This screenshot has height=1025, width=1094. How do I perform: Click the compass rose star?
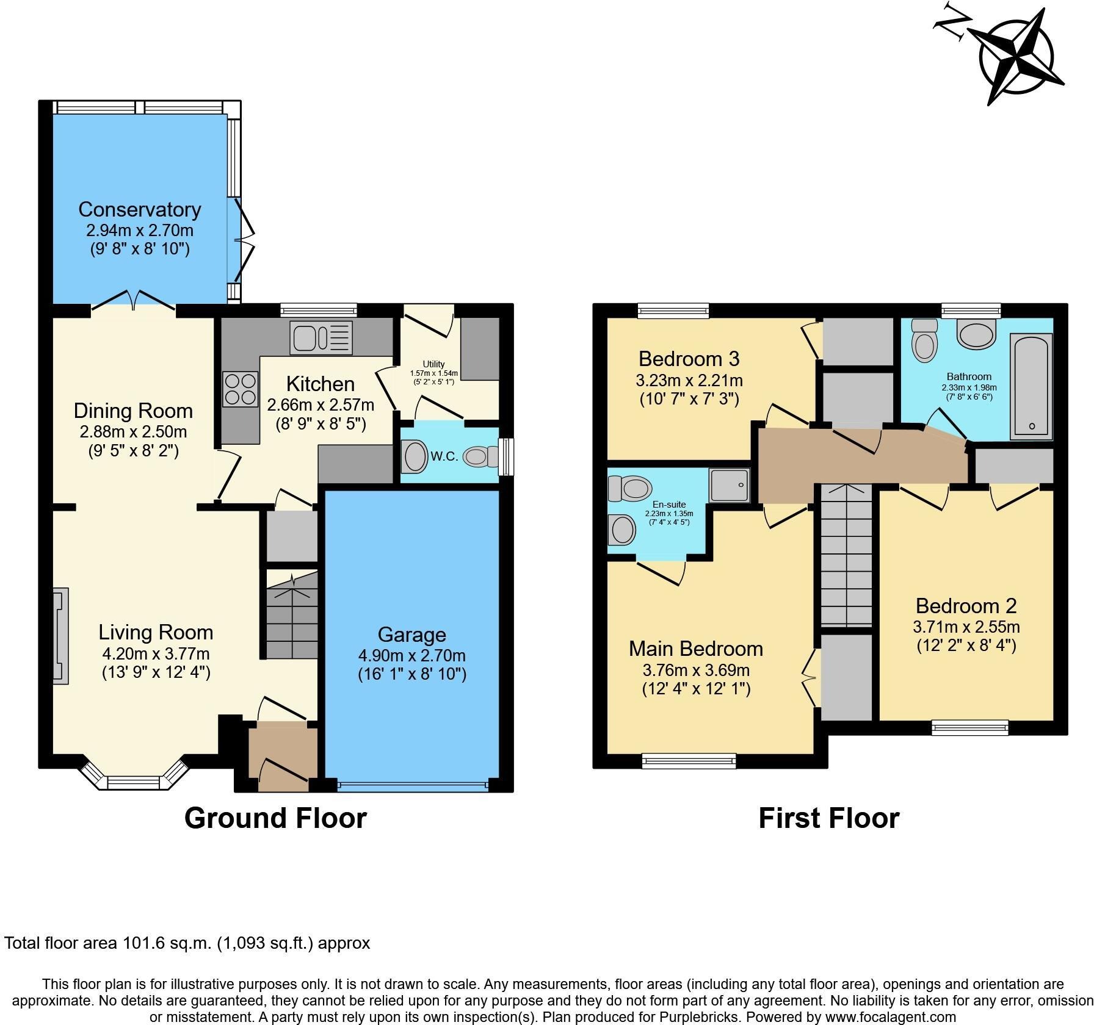tap(1016, 59)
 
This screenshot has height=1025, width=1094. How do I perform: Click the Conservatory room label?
tap(139, 209)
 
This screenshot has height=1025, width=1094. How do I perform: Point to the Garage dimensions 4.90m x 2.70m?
tap(411, 656)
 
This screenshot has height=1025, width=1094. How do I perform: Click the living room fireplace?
tap(60, 636)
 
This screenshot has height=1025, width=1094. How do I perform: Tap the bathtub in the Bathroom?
tap(1031, 386)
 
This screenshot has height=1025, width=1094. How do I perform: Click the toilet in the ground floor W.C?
tap(480, 456)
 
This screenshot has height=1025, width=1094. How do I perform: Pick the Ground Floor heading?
tap(275, 818)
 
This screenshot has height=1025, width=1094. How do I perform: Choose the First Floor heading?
tap(828, 818)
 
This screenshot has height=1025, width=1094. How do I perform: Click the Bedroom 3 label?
tap(689, 358)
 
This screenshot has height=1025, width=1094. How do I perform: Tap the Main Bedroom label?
tap(695, 649)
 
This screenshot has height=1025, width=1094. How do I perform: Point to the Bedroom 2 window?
tap(969, 727)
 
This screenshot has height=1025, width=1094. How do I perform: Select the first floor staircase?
tap(845, 555)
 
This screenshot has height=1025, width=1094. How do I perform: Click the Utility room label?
tap(433, 364)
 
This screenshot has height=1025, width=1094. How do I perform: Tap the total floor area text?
tap(187, 943)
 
